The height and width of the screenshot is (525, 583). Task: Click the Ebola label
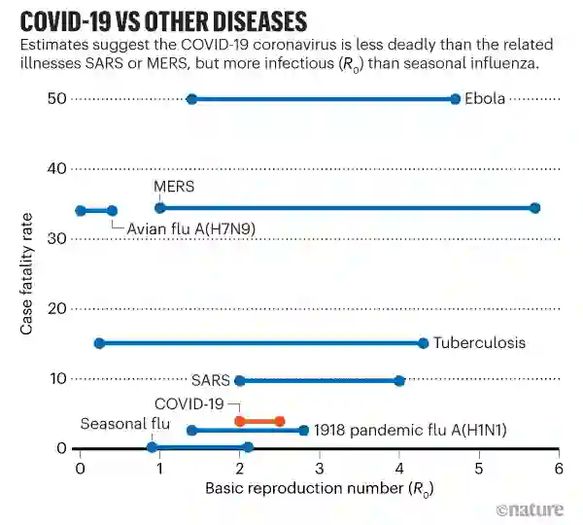coord(485,99)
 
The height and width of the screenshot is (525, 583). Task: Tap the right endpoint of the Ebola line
coord(456,99)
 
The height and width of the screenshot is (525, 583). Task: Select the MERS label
coord(174,186)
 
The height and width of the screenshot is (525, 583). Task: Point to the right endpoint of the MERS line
coord(534,208)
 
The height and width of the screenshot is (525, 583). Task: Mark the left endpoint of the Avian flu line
coord(81,210)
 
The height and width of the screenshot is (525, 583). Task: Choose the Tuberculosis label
coord(479,342)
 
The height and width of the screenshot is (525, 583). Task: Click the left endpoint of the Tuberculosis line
coord(99,342)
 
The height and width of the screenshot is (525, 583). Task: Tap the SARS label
coord(210,380)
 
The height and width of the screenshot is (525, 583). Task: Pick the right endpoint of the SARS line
coord(399,380)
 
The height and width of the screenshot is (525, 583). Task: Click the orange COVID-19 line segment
coord(259,421)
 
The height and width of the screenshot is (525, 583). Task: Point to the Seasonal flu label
coord(124,424)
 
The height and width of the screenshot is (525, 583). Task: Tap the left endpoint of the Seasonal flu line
coord(152,447)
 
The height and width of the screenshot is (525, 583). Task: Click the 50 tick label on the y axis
coord(55,99)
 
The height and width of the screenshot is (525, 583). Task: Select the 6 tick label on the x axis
coord(559,468)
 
